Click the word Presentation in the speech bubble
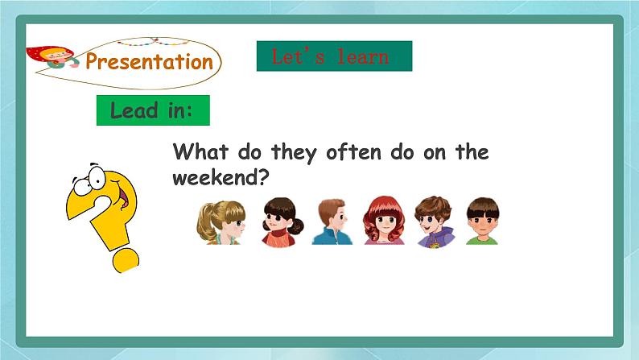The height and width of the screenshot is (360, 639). coord(150,62)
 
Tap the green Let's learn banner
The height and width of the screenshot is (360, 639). coord(334,56)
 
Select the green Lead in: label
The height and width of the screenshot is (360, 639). coord(153,110)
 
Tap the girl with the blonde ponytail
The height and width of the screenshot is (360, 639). coord(220,221)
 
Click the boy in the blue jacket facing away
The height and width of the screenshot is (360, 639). coord(331,221)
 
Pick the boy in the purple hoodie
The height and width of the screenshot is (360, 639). coord(435,221)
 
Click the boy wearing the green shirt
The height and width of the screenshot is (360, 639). coord(482,221)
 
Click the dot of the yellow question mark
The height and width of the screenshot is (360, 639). coord(126,259)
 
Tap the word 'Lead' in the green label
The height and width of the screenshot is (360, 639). coord(134,110)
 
